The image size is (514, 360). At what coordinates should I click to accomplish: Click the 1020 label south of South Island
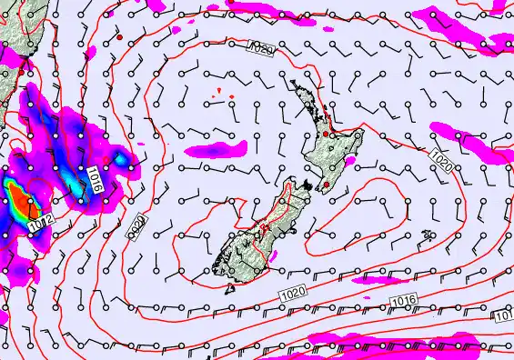294,292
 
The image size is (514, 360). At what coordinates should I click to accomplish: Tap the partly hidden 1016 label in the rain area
96,179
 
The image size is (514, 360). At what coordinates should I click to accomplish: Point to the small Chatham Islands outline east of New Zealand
427,236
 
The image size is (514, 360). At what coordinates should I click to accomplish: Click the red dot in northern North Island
325,135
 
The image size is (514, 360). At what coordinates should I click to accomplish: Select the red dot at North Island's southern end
327,185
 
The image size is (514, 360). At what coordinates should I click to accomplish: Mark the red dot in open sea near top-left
119,38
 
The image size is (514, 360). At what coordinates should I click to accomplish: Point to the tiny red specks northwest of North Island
223,95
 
